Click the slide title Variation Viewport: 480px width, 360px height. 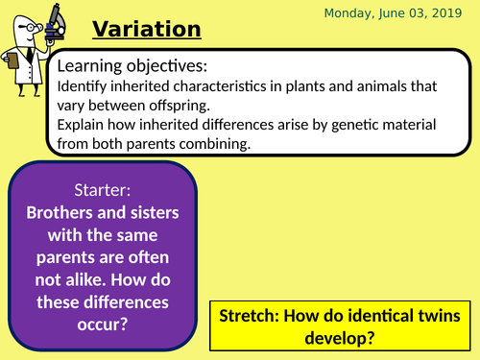(146, 31)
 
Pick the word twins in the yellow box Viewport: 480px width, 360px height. (436, 316)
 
